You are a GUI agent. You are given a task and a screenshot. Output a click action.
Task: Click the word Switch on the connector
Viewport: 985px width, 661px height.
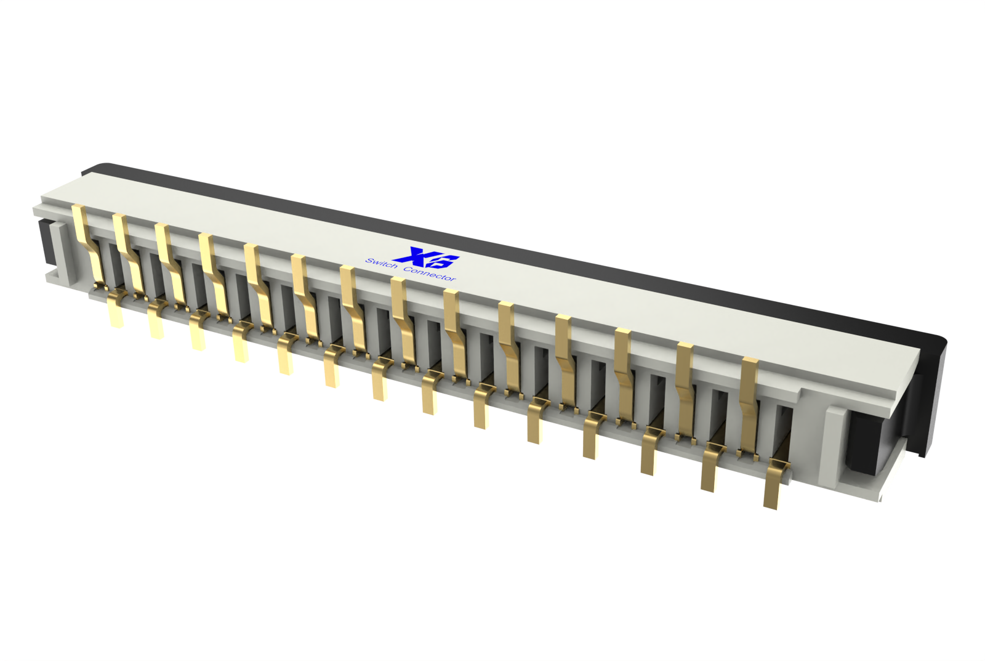click(381, 264)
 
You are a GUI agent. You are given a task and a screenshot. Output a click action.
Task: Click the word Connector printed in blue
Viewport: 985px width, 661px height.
click(430, 274)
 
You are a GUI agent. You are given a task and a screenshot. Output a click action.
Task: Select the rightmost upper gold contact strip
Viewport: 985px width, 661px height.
click(749, 407)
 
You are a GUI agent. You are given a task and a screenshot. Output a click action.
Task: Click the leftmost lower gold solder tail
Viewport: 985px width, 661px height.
click(116, 307)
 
